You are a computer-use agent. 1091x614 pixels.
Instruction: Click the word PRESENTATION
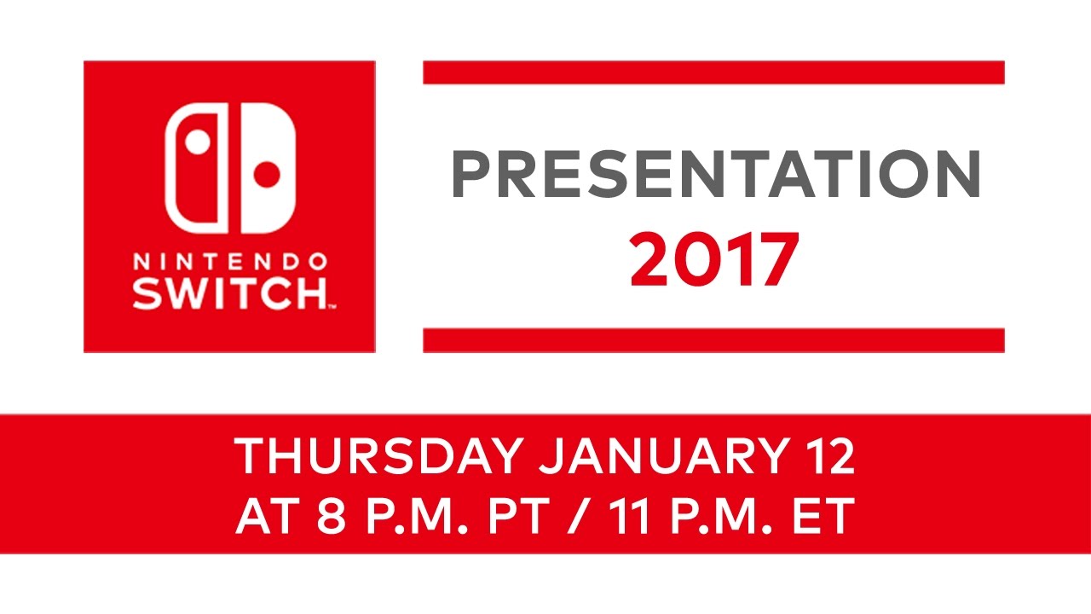coord(716,175)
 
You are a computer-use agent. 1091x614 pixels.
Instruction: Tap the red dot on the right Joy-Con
coord(268,174)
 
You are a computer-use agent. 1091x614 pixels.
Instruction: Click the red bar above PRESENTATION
coord(713,72)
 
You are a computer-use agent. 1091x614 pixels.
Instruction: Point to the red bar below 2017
coord(713,340)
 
